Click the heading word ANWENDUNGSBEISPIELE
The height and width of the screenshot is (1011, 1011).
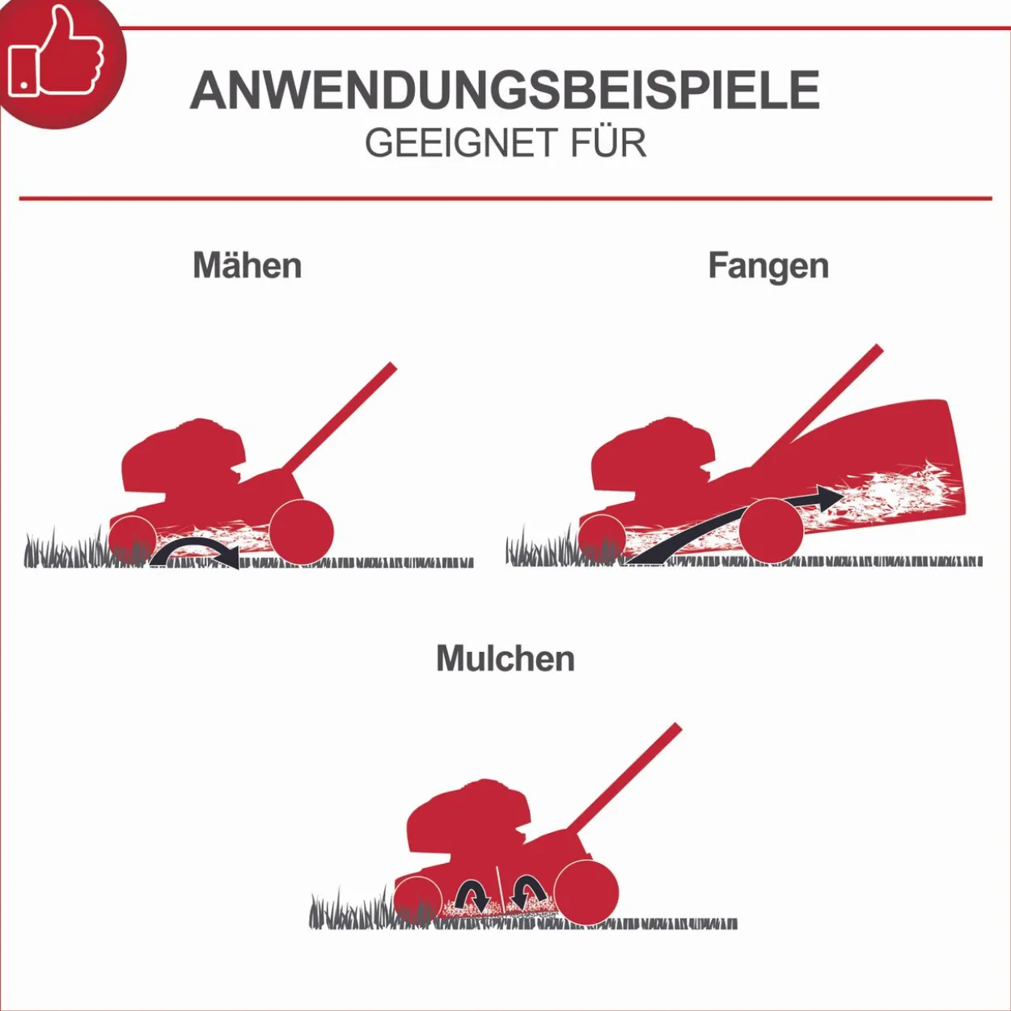point(505,91)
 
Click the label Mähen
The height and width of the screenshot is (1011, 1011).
point(247,265)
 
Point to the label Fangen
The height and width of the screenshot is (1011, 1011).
point(768,268)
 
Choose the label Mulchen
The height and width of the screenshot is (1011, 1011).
point(505,658)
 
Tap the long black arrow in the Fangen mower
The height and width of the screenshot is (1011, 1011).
point(734,526)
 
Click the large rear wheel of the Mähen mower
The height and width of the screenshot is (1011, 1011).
point(301,532)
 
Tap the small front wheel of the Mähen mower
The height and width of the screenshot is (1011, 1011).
point(132,540)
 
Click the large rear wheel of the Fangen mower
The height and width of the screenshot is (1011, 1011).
point(771,531)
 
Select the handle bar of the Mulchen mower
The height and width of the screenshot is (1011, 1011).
point(624,778)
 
